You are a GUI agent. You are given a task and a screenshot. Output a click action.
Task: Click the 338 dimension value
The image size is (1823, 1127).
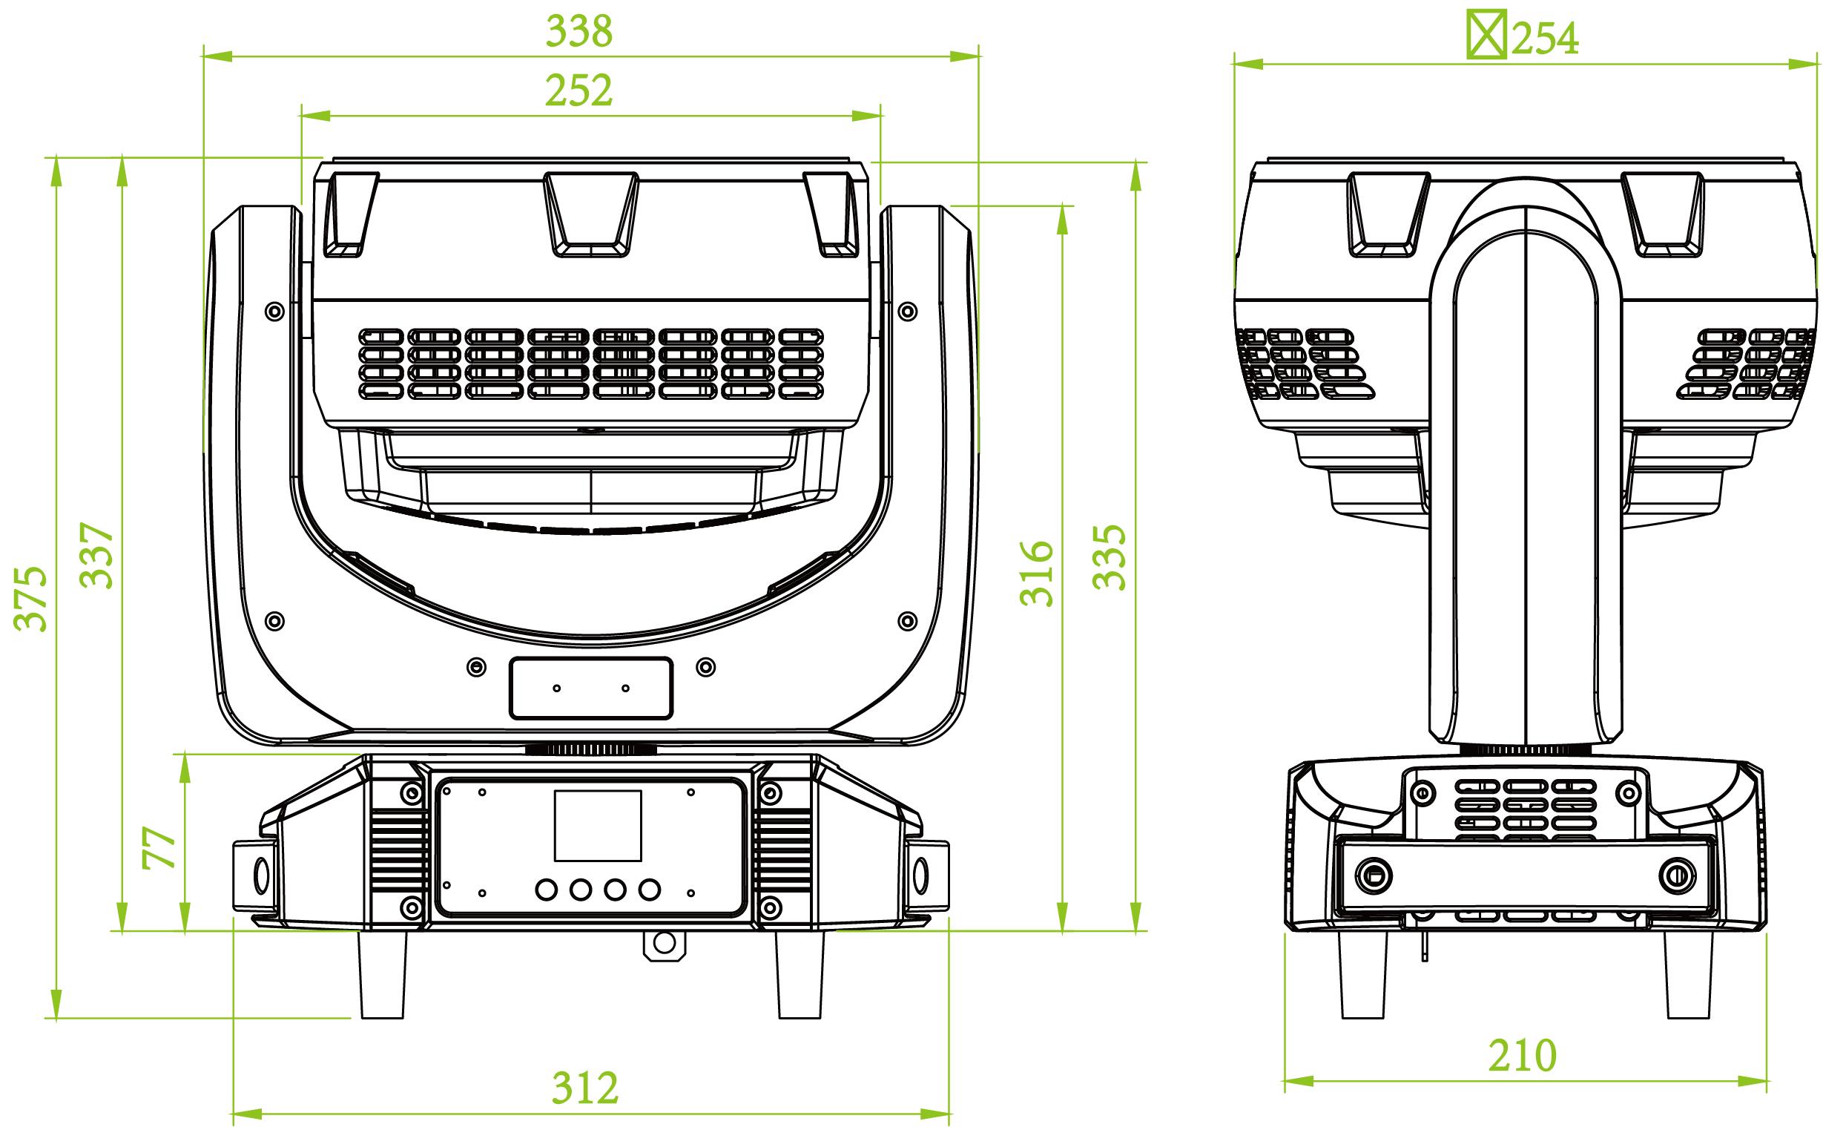(x=578, y=31)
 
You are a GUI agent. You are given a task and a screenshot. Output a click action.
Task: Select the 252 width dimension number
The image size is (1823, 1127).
(x=578, y=91)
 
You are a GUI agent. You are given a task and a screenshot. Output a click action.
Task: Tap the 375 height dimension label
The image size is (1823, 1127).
(x=31, y=598)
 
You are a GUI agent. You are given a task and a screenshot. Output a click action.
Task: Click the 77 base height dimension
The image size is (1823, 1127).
(x=159, y=847)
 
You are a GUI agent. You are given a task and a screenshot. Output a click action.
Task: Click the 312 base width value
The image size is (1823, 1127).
(x=585, y=1088)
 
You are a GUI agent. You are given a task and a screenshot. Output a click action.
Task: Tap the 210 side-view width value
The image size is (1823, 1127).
(x=1523, y=1055)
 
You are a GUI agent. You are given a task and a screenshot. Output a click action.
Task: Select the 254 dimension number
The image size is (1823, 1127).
(x=1545, y=38)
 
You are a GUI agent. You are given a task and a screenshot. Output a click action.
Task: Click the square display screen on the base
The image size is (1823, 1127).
(x=598, y=826)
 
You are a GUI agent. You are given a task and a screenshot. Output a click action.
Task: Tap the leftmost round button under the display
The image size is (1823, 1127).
(x=547, y=890)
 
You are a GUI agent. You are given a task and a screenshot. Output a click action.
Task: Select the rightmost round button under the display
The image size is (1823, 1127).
(x=650, y=890)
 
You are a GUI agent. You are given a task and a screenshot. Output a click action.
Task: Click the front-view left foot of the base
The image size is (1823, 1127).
(x=383, y=975)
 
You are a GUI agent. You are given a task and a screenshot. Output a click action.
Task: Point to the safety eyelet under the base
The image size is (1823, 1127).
(x=663, y=944)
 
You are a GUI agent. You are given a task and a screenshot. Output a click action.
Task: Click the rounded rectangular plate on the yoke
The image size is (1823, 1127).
(x=592, y=688)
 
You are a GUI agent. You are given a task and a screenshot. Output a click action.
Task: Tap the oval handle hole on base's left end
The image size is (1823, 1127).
(x=263, y=874)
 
